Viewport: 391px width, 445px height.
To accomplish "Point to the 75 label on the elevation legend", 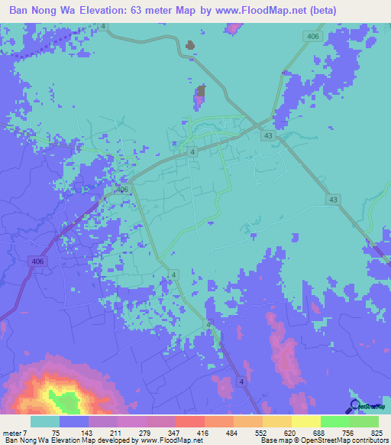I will coord(56,432).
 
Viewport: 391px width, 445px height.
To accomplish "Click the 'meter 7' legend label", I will coord(16,432).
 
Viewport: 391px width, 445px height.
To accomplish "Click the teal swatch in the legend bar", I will coord(44,421).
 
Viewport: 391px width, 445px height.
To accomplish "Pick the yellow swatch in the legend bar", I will coord(305,421).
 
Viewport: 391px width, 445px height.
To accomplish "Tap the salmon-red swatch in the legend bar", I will coord(189,421).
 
